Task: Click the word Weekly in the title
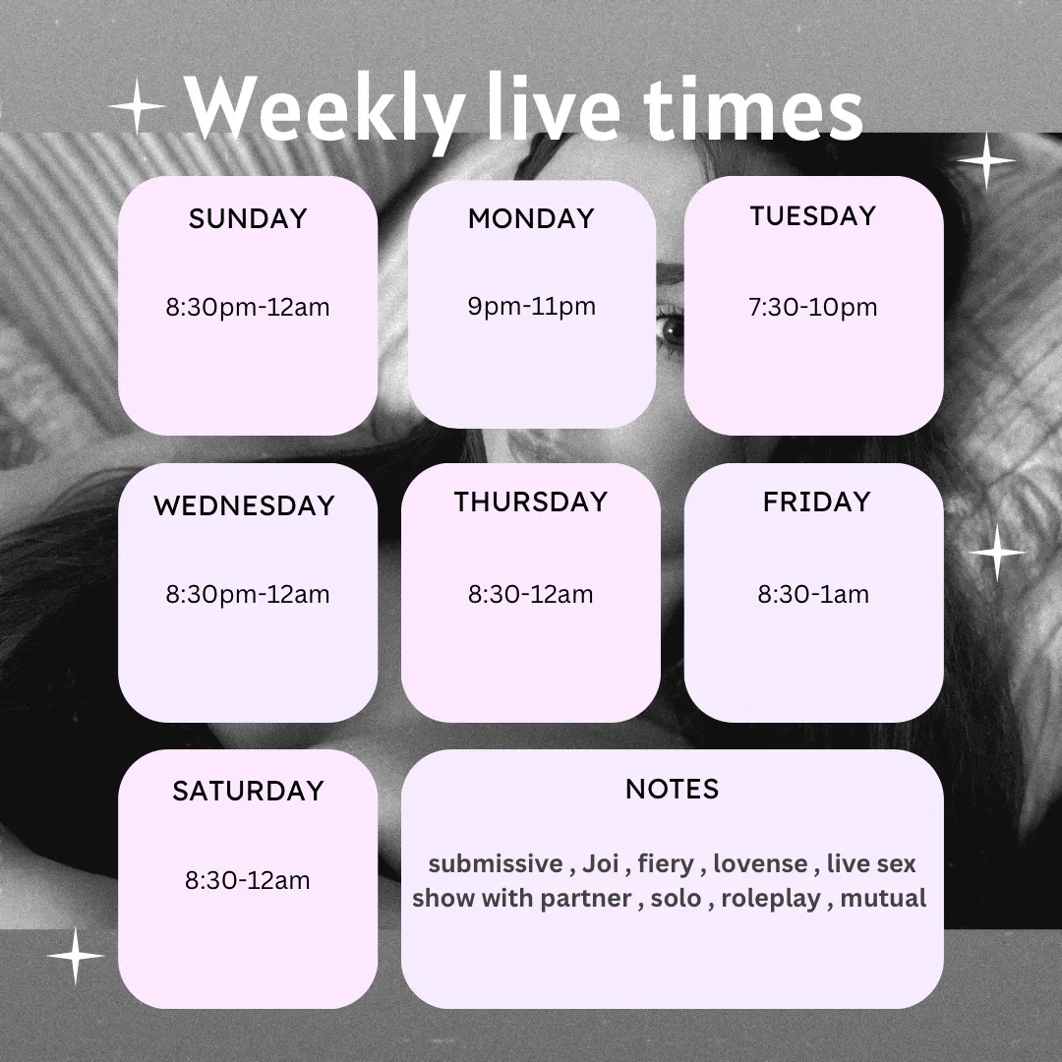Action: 325,111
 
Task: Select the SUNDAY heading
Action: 248,218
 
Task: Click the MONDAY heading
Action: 532,218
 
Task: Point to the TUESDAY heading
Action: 813,216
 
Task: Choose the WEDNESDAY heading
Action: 245,506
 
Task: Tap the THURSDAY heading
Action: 531,501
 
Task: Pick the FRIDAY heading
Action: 817,501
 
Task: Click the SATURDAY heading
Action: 248,791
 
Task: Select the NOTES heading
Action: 673,789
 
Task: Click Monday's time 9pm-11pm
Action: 532,306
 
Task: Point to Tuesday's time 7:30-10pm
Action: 813,308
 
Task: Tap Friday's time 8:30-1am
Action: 813,595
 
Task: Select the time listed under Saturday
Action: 248,880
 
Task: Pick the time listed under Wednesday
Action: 248,595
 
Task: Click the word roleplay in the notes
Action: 771,899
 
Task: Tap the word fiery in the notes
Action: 666,864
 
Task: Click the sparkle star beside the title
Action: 137,106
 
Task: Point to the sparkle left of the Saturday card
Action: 75,956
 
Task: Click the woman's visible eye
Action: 672,330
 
